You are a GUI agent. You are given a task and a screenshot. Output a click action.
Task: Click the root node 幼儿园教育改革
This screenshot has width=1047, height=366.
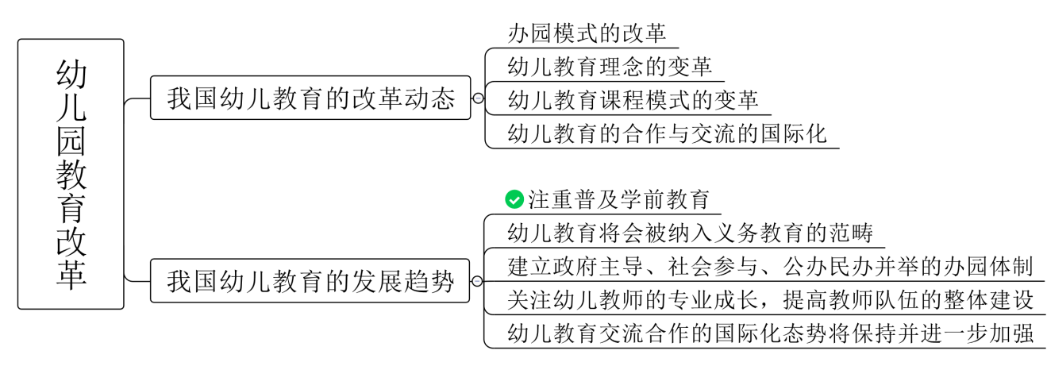(71, 174)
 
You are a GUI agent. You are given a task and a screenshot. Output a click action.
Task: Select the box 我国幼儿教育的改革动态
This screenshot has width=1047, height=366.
(310, 98)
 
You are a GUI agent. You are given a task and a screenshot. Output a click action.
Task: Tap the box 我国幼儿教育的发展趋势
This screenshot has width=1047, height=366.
(310, 281)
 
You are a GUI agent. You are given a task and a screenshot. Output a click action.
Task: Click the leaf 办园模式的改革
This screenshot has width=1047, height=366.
(587, 33)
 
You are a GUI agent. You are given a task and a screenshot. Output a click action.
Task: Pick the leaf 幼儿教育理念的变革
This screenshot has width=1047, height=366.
(610, 66)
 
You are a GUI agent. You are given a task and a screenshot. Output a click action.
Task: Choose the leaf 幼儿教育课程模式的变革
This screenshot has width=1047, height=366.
(633, 99)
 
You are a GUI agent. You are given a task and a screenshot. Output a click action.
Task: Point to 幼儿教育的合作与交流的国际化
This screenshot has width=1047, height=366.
(667, 133)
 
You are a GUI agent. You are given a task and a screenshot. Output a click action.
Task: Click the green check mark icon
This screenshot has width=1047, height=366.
(514, 199)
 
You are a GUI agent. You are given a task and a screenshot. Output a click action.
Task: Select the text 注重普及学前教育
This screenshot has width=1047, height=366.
(619, 199)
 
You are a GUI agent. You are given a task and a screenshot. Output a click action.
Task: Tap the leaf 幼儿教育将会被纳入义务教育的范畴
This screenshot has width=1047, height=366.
(690, 233)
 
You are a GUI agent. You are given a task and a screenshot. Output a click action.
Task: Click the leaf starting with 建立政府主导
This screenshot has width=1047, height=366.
(769, 266)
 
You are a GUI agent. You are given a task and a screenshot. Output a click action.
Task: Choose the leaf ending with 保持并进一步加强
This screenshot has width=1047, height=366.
(769, 333)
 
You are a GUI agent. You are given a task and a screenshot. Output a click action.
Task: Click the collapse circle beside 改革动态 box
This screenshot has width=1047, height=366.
(478, 98)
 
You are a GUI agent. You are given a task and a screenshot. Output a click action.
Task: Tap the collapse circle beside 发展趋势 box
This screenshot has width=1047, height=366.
(478, 281)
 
